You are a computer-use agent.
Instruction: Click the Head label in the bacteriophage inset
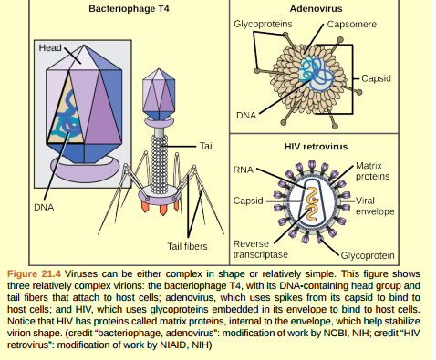[49, 47]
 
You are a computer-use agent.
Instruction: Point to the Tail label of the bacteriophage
[206, 146]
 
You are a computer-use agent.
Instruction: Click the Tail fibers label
[187, 246]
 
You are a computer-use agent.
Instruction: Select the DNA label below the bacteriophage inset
[44, 207]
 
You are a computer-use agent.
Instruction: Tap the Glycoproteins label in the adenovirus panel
[263, 22]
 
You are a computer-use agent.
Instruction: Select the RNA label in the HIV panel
[244, 170]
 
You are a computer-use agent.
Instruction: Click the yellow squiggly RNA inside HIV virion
[311, 204]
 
